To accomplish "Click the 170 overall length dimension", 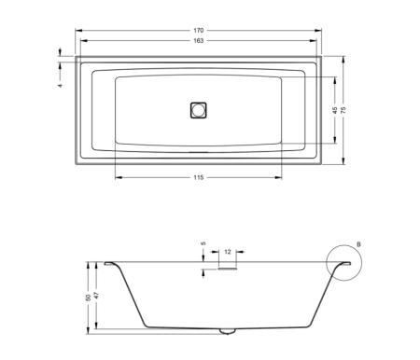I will [x=199, y=31].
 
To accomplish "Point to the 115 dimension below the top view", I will [x=199, y=178].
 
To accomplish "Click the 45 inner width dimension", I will [x=334, y=110].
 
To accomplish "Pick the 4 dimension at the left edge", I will [x=59, y=85].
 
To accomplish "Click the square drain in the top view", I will [x=198, y=109].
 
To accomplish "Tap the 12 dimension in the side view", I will [x=227, y=252].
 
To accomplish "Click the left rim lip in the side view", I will [x=110, y=264].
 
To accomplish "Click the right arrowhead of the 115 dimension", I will [x=283, y=178].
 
